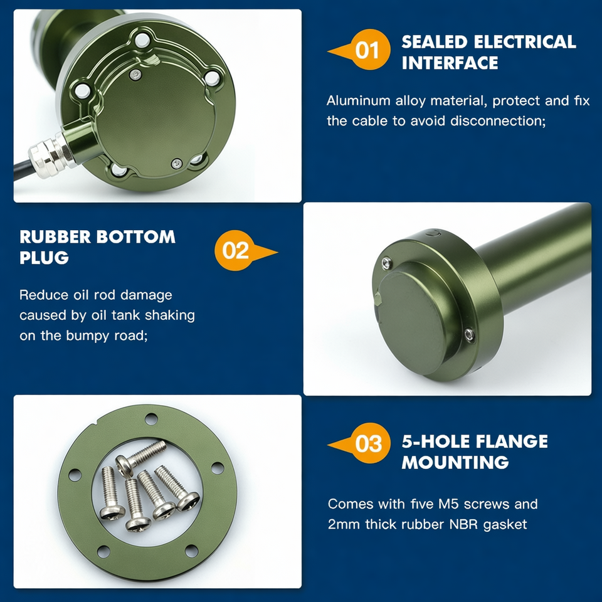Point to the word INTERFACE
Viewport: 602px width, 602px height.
[450, 63]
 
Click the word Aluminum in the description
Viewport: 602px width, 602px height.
[358, 100]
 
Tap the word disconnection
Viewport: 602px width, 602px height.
[498, 121]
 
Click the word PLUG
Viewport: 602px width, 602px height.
[44, 258]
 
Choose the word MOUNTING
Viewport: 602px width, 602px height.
[455, 462]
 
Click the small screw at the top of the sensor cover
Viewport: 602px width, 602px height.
[135, 75]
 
